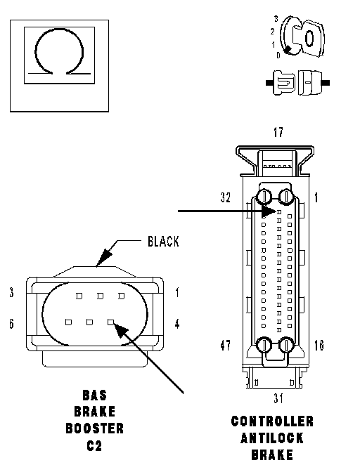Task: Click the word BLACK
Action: (x=163, y=242)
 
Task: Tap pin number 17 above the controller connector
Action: (x=278, y=132)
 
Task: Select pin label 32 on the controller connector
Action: (x=225, y=197)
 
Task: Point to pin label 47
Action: (x=225, y=346)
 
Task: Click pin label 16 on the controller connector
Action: (x=319, y=346)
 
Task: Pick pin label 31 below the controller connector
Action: (x=278, y=398)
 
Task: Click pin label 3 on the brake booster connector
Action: (x=11, y=292)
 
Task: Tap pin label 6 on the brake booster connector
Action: (x=11, y=324)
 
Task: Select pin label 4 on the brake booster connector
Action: (x=177, y=324)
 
